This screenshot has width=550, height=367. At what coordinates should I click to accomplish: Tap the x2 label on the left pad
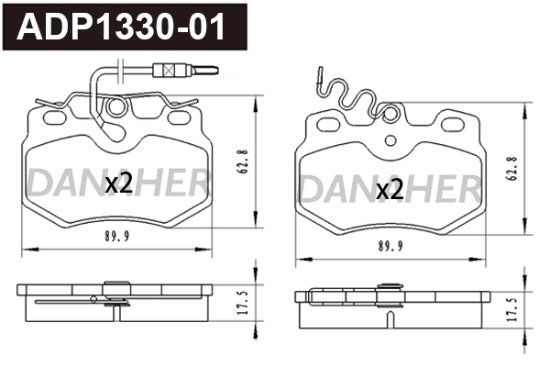pyautogui.click(x=119, y=183)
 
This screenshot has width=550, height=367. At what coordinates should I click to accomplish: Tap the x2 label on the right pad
pyautogui.click(x=390, y=190)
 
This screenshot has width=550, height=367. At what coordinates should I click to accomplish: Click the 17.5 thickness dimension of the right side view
pyautogui.click(x=511, y=306)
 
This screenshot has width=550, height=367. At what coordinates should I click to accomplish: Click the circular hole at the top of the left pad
pyautogui.click(x=116, y=109)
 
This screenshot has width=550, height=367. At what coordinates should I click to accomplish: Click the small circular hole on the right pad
pyautogui.click(x=391, y=139)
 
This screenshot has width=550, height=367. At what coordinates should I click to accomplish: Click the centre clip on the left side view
pyautogui.click(x=115, y=295)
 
